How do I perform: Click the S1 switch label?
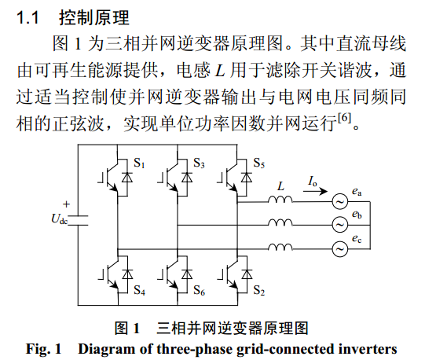coord(139,163)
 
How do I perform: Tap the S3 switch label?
coord(199,163)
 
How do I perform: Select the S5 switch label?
coord(259,163)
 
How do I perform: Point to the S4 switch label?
coord(139,290)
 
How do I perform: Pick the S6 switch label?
coord(199,290)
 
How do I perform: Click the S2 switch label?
coord(259,290)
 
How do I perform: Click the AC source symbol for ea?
coord(340,201)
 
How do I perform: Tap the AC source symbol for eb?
coord(340,225)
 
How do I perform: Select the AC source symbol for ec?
coord(340,248)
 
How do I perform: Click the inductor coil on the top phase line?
coord(280,199)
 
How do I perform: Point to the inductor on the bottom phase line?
coord(280,247)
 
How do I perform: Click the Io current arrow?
coord(315,191)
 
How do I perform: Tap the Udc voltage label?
coord(59,219)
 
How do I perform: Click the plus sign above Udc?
coord(66,204)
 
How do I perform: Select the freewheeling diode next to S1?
coord(127,177)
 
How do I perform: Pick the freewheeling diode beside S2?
coord(247,274)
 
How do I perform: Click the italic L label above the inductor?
coord(280,186)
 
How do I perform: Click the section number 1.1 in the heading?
coord(27,18)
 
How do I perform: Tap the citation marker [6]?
coord(344,118)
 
